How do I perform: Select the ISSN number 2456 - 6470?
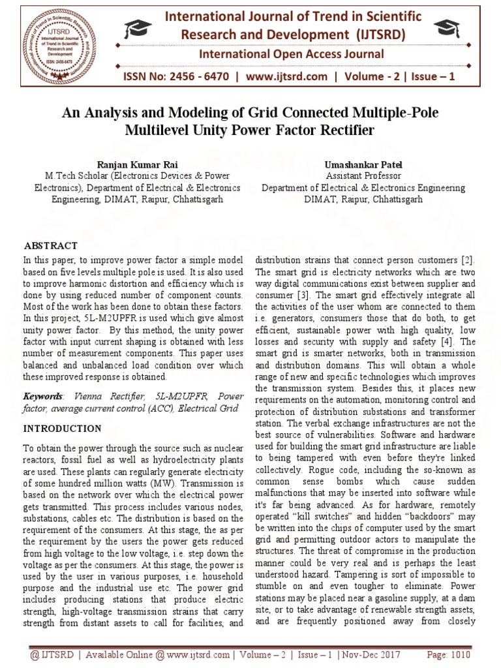(196, 76)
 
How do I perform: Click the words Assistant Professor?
(363, 176)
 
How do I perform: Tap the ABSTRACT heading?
(51, 246)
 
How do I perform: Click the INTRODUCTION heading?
(63, 429)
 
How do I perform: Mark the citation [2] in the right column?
(468, 260)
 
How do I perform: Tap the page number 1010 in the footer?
(461, 654)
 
